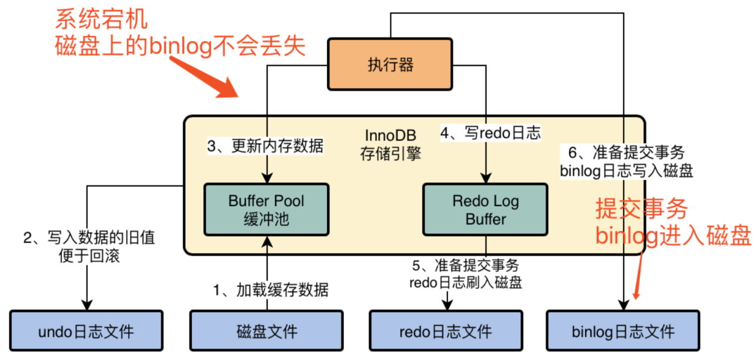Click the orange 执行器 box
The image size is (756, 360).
(x=390, y=64)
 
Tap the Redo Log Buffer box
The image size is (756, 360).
(x=486, y=210)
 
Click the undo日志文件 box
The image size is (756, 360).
(x=86, y=331)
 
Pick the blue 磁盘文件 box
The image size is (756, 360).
(x=267, y=331)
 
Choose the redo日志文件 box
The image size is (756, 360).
(x=446, y=331)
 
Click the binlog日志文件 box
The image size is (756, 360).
(x=623, y=331)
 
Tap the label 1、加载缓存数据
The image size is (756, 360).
(x=271, y=290)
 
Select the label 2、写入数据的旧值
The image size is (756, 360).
(x=89, y=238)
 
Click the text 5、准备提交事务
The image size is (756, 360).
(x=465, y=265)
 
